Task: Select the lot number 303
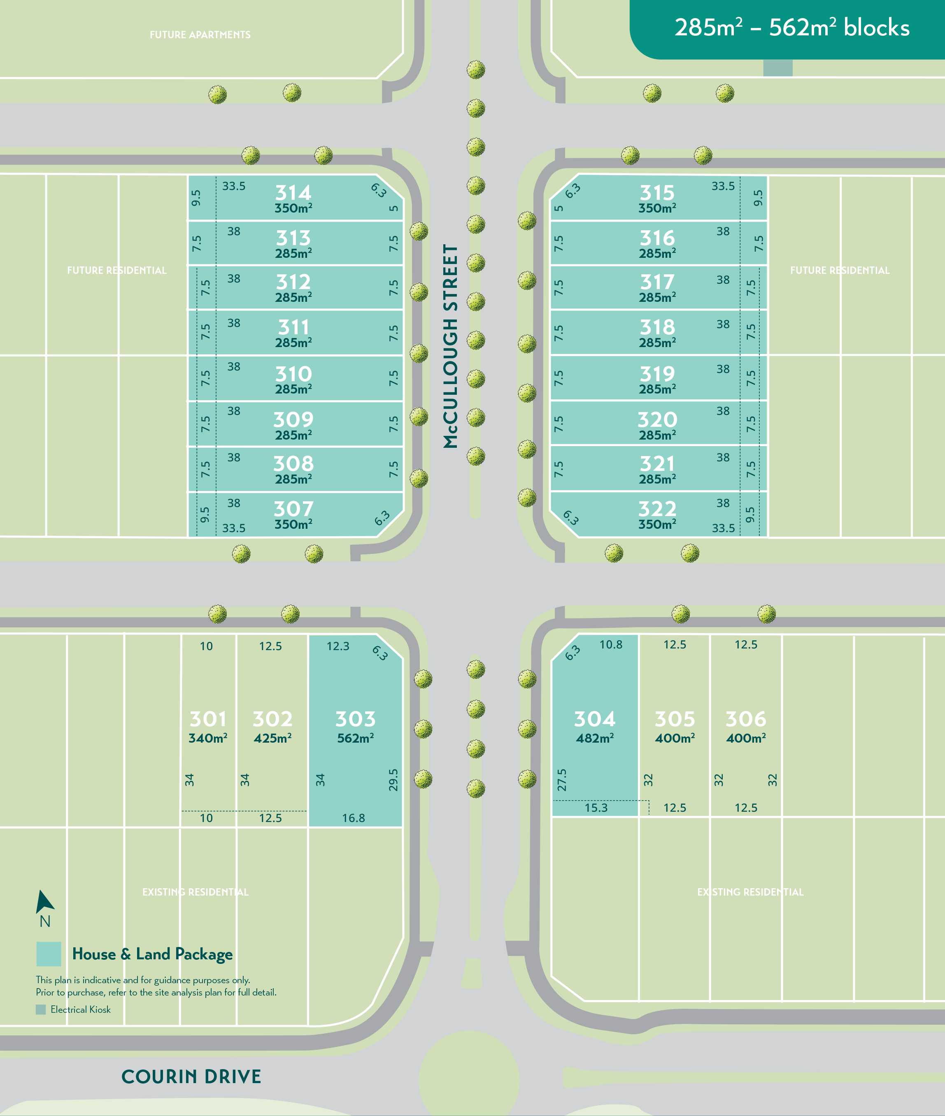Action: (355, 719)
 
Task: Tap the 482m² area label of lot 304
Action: (595, 738)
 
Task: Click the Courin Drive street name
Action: (191, 1077)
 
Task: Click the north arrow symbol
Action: (44, 902)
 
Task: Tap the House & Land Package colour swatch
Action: (49, 954)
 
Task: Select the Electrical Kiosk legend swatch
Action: (41, 1009)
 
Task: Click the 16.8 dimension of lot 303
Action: (354, 818)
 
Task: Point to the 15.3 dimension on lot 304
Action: (596, 808)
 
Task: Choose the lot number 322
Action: (657, 509)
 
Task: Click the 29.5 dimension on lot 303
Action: (393, 780)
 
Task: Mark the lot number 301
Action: (208, 719)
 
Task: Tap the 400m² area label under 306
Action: (746, 738)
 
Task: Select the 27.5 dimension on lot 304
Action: (561, 780)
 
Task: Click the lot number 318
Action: (657, 327)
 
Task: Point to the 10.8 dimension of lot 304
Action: (611, 644)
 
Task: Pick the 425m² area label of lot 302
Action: (273, 738)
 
